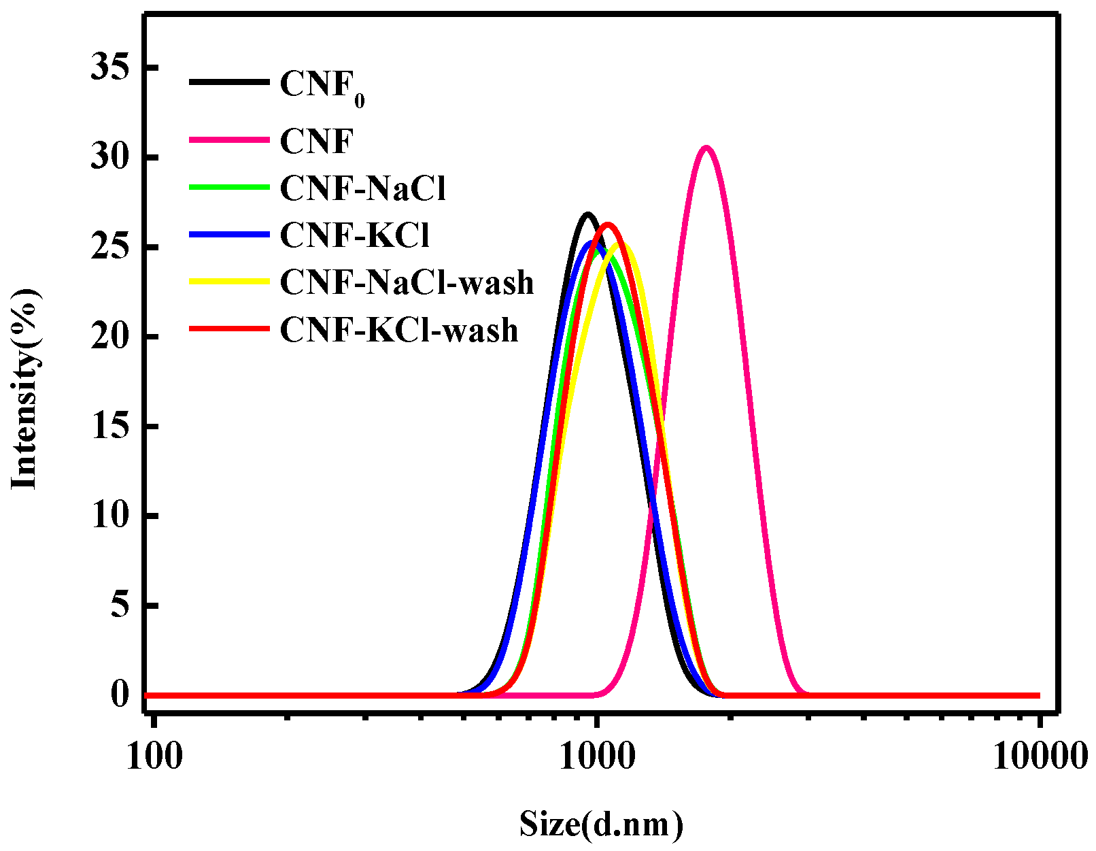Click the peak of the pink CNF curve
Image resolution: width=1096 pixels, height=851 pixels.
click(x=706, y=148)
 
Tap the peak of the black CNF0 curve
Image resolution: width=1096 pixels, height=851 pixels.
click(x=588, y=214)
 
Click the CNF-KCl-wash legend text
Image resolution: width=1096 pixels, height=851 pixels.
click(x=399, y=331)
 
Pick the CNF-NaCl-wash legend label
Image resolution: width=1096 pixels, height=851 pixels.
click(x=407, y=283)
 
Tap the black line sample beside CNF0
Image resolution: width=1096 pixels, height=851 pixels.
click(x=229, y=82)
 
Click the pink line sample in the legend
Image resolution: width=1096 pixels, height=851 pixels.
click(x=229, y=140)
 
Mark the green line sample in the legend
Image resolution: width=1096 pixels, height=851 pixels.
click(x=229, y=187)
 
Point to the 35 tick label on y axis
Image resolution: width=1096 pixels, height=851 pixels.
click(x=110, y=68)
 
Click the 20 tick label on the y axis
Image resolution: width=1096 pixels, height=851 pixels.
click(x=110, y=337)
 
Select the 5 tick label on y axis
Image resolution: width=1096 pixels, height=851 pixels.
click(x=120, y=605)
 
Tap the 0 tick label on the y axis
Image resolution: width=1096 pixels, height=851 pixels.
click(x=120, y=695)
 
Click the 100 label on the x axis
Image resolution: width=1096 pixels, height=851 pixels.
click(x=154, y=756)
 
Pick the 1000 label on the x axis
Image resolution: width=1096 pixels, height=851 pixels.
click(x=597, y=756)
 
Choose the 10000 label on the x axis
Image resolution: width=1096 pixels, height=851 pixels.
click(x=1040, y=756)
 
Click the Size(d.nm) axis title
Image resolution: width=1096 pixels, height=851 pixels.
click(x=601, y=824)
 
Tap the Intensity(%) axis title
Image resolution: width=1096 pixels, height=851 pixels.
click(x=24, y=388)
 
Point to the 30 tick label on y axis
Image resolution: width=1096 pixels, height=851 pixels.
click(x=110, y=158)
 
